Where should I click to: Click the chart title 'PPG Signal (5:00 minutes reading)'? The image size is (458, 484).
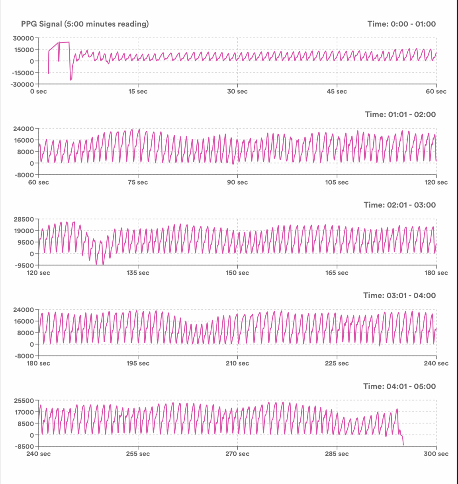[85, 24]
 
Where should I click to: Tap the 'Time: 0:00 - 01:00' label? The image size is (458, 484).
[401, 24]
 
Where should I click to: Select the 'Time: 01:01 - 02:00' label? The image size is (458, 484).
[400, 114]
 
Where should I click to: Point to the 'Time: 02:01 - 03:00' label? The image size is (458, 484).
[399, 205]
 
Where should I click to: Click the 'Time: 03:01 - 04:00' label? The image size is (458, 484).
[399, 295]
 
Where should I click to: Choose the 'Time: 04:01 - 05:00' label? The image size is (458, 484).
[399, 386]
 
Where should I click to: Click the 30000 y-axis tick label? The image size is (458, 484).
[23, 38]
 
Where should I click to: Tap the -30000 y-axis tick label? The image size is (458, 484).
[22, 84]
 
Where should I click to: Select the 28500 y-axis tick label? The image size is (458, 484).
[23, 219]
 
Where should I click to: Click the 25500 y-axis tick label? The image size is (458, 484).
[23, 401]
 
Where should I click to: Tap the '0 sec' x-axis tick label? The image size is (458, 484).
[39, 92]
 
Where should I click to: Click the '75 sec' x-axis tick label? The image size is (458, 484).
[138, 183]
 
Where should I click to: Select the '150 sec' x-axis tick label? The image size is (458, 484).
[237, 273]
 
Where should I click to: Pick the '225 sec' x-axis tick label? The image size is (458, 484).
[337, 364]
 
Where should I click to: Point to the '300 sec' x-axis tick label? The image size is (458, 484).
[436, 454]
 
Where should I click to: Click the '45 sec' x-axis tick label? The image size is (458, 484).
[337, 92]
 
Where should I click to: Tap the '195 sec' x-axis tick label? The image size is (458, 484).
[138, 364]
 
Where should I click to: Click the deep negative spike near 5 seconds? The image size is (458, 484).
[70, 80]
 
